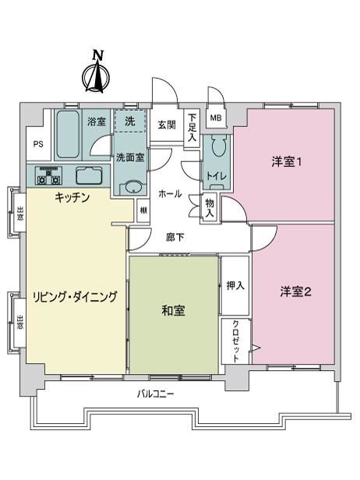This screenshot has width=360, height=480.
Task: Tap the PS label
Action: coord(38,144)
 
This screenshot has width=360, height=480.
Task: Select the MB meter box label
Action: coord(216,118)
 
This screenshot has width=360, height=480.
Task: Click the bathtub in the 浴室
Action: coord(68,134)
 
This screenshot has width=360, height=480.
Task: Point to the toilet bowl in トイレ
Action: coord(218,146)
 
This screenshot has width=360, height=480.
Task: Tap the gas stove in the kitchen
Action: coord(48,176)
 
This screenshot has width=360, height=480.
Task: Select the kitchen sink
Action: coord(90,175)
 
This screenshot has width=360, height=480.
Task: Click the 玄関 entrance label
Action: coord(167,125)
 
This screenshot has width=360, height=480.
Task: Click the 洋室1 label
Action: coord(286,161)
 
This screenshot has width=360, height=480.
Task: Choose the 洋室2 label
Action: coord(295,291)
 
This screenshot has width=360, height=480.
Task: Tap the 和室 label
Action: coord(173,311)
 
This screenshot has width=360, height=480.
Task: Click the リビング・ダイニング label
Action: coord(75,297)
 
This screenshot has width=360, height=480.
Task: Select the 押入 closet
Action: coord(235,286)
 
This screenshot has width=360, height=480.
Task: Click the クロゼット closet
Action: coord(236,341)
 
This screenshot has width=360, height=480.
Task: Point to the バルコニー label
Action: coord(155,394)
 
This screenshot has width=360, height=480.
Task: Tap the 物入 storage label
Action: coord(210,208)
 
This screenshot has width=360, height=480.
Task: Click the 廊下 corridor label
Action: coord(175,237)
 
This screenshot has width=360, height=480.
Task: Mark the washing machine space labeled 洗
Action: coord(130,122)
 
